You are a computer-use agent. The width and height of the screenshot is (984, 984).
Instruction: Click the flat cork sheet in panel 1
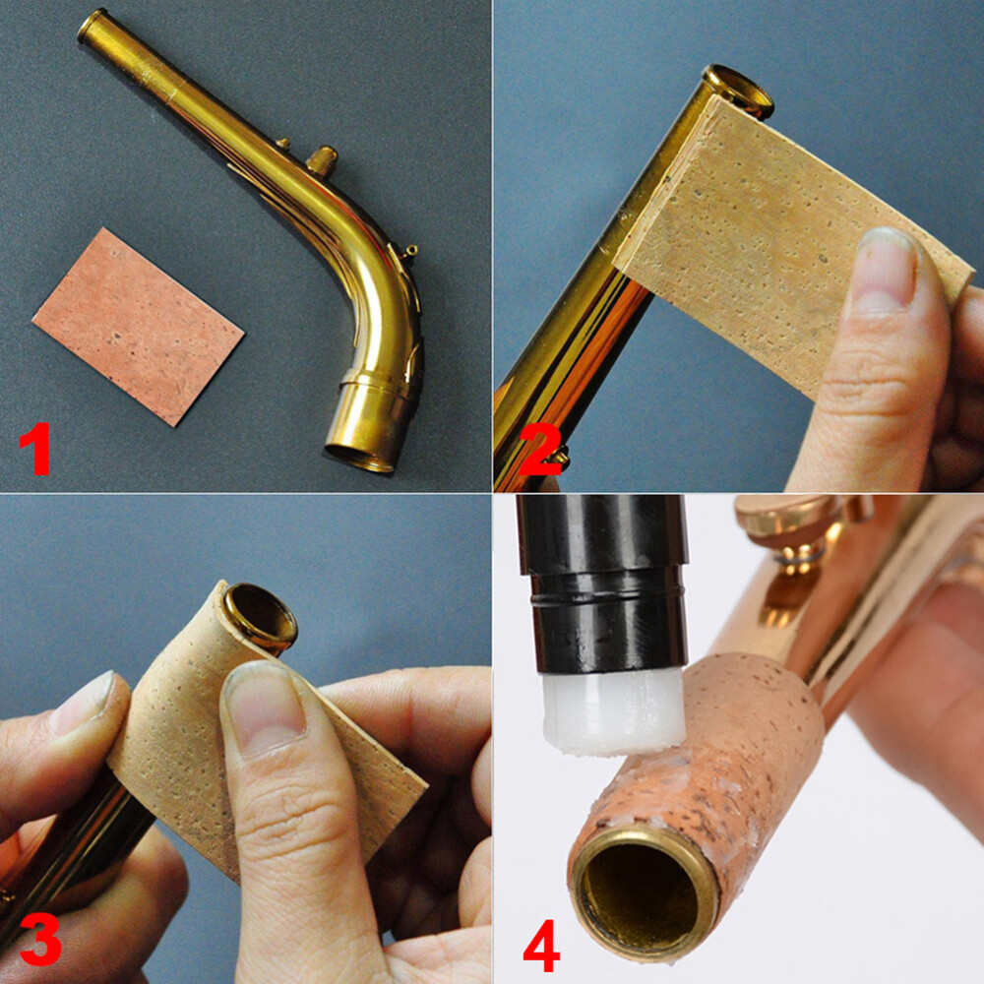[x=138, y=325]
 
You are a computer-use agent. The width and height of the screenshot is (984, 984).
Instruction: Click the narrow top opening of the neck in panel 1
[x=92, y=24]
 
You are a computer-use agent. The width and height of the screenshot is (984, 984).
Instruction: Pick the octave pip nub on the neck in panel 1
[x=321, y=158]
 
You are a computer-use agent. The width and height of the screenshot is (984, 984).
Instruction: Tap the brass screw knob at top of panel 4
[x=787, y=522]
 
